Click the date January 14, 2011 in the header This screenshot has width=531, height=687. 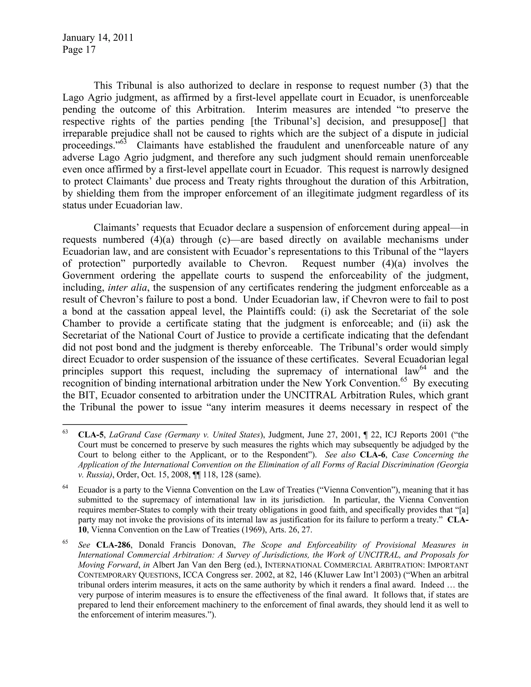click(x=97, y=38)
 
